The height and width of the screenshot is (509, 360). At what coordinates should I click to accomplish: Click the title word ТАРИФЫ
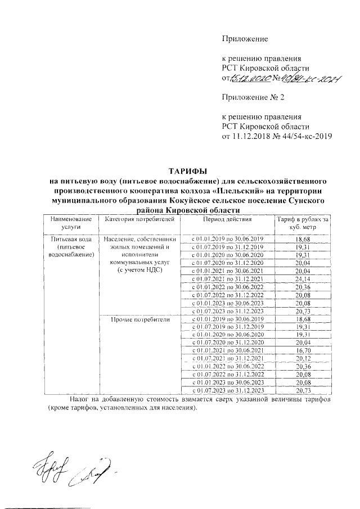(185, 172)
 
